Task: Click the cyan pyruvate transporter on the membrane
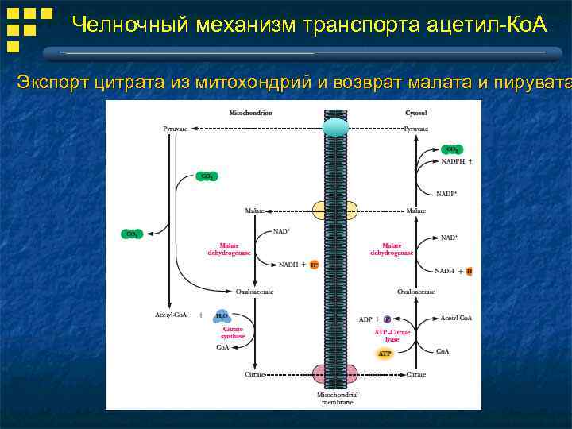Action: click(x=335, y=128)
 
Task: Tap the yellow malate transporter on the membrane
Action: click(x=334, y=211)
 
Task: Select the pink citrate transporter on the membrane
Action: click(x=334, y=374)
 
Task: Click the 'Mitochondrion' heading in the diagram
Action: click(x=250, y=113)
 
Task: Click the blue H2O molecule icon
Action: click(x=222, y=315)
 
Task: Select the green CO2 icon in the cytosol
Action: click(x=452, y=149)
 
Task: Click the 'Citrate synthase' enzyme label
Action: click(x=233, y=332)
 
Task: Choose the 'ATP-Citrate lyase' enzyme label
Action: click(x=392, y=336)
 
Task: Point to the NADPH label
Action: click(x=453, y=161)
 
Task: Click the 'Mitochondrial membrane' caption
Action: click(x=337, y=398)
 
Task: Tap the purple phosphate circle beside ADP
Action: click(x=388, y=319)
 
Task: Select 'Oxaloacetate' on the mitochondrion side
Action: click(x=254, y=292)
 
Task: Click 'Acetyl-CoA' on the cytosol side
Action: click(x=456, y=318)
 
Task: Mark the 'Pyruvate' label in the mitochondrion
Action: click(x=176, y=128)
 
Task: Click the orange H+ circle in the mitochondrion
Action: click(x=314, y=265)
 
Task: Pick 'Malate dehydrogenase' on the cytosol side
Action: click(x=392, y=249)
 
